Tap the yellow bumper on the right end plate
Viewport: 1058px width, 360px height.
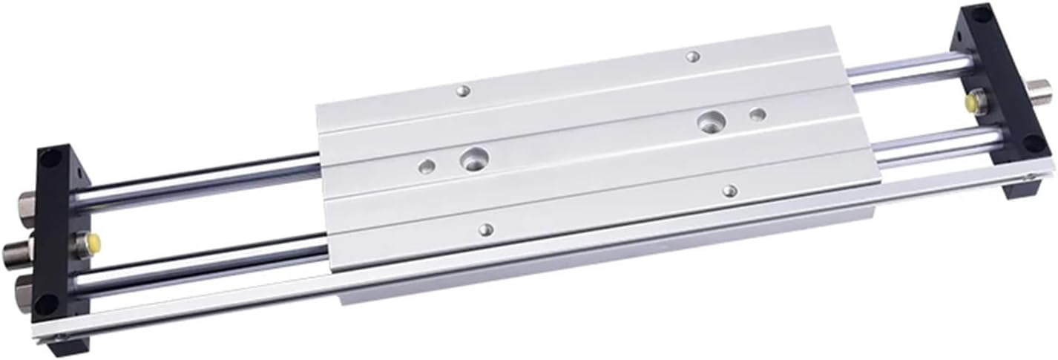point(969,101)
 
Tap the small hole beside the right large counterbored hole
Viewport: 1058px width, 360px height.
point(757,114)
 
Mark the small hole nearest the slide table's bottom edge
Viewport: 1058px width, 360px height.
point(486,230)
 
